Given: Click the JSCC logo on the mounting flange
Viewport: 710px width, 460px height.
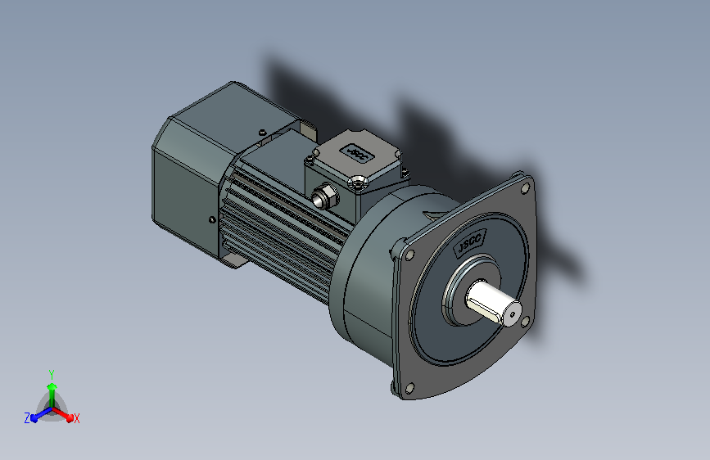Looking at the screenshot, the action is click(469, 243).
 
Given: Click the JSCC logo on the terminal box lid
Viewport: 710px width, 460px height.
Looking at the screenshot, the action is click(358, 154).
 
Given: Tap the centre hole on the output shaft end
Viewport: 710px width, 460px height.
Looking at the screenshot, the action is click(513, 314).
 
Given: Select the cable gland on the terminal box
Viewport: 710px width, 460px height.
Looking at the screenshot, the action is click(324, 196).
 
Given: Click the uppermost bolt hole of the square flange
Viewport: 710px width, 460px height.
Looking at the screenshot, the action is click(526, 187).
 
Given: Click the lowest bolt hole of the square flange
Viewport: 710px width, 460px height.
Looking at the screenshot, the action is click(409, 388).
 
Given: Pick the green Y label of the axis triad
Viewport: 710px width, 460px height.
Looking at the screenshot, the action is click(52, 374).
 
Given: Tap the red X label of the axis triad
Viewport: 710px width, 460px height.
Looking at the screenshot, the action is click(76, 419).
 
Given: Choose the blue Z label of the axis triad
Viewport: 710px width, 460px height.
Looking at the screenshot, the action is click(27, 418).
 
